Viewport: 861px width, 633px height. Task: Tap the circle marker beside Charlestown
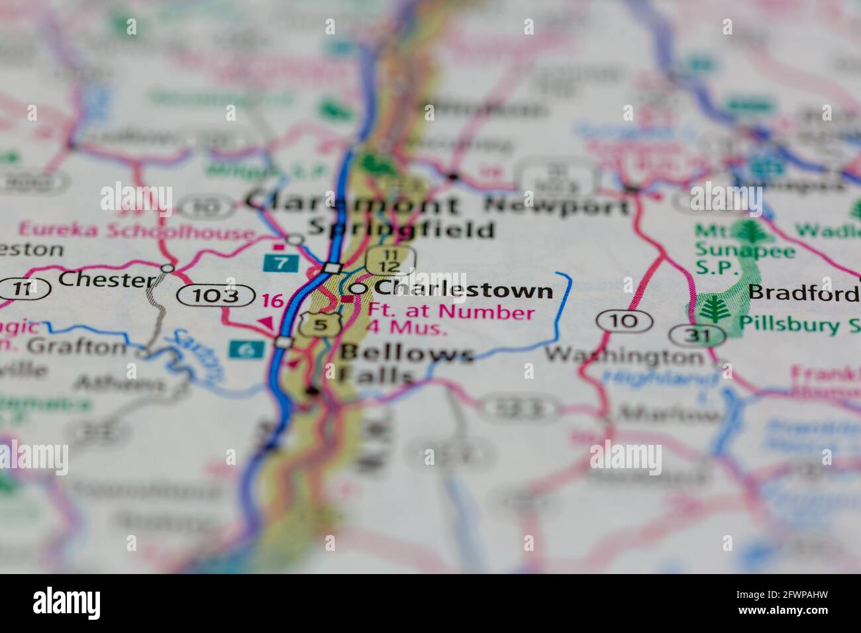click(358, 289)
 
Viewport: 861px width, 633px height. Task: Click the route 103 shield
click(216, 296)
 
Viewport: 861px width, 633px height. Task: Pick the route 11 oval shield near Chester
click(25, 289)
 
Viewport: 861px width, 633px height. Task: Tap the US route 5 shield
click(321, 324)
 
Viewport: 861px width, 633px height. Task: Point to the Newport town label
click(557, 206)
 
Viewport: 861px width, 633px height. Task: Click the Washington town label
click(625, 356)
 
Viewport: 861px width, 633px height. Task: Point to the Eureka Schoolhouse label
click(136, 231)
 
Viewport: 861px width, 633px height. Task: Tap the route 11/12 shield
click(391, 260)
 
